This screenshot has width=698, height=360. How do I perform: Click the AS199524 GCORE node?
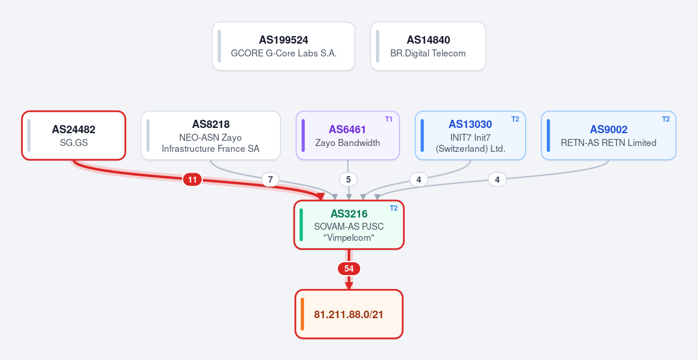284,46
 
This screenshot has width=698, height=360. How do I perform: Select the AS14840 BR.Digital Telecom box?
428,46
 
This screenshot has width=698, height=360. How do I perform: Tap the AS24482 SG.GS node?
73,136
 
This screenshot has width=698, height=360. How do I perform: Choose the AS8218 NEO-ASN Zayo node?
211,136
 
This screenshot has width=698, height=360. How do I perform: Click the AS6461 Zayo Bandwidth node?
348,136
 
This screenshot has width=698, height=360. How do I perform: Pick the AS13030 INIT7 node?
470,136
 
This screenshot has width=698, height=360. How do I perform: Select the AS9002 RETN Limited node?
608,136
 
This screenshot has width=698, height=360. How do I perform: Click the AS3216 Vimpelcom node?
349,224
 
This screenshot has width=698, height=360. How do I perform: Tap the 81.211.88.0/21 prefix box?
349,314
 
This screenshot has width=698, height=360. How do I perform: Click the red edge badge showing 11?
193,180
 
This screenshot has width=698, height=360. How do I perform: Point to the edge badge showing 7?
270,180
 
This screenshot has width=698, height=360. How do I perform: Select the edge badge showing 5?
348,180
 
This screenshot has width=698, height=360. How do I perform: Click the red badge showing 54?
349,269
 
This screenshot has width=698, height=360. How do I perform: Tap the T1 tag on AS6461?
389,119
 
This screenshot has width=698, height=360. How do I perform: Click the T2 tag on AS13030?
515,119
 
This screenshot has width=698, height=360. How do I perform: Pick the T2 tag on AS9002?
665,119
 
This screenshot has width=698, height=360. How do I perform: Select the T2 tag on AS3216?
394,208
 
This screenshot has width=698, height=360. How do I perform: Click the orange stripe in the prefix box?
302,314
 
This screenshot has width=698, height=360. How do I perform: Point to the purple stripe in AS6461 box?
303,136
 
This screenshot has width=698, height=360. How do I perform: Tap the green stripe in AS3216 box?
301,224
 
